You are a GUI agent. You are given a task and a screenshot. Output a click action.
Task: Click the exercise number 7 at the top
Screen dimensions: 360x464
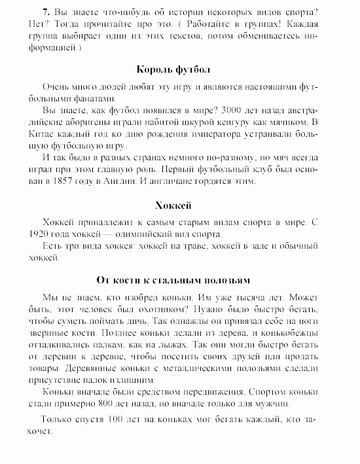click(x=45, y=13)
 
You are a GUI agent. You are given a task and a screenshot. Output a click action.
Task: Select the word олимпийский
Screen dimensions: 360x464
click(x=146, y=234)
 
